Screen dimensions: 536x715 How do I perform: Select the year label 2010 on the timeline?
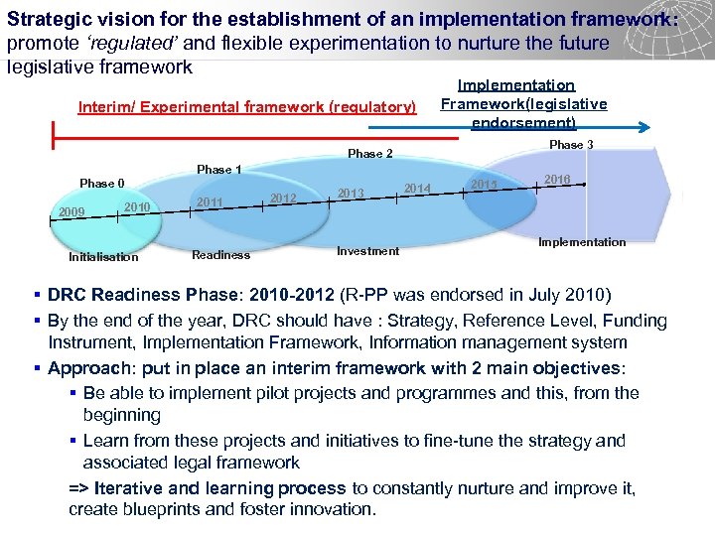pyautogui.click(x=137, y=205)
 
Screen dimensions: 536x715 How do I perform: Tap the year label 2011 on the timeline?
pyautogui.click(x=210, y=201)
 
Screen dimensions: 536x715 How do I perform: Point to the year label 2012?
pyautogui.click(x=284, y=198)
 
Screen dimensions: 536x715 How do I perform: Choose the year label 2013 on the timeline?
pyautogui.click(x=352, y=193)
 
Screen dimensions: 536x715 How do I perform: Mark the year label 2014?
pyautogui.click(x=417, y=188)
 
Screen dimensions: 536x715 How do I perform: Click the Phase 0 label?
pyautogui.click(x=102, y=183)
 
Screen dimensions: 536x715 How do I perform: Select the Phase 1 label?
pyautogui.click(x=219, y=170)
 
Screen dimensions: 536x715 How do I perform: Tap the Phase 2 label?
pyautogui.click(x=370, y=154)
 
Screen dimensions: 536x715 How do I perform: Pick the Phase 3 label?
pyautogui.click(x=571, y=145)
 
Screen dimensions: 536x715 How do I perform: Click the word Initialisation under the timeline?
pyautogui.click(x=103, y=257)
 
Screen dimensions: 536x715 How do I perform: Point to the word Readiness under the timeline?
pyautogui.click(x=220, y=255)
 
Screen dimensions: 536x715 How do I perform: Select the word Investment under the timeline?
pyautogui.click(x=367, y=251)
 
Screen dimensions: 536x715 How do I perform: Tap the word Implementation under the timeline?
pyautogui.click(x=582, y=242)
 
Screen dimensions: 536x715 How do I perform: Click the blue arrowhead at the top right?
pyautogui.click(x=644, y=127)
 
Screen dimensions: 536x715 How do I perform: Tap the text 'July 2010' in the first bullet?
pyautogui.click(x=541, y=295)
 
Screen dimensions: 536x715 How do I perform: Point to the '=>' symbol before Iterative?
pyautogui.click(x=78, y=488)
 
